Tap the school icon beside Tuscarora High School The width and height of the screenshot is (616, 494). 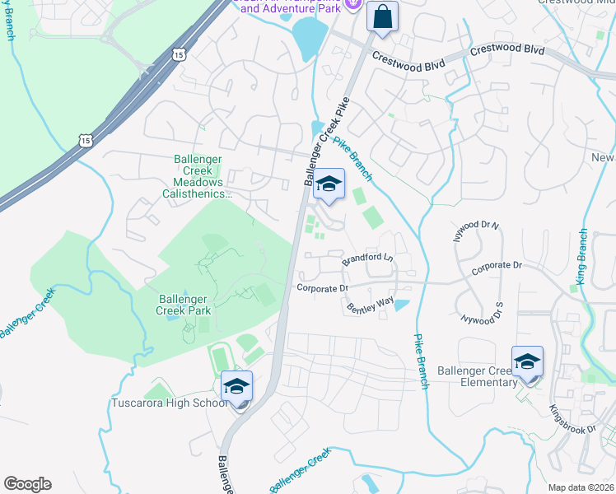click(x=237, y=387)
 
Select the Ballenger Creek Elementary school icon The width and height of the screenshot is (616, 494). click(x=527, y=362)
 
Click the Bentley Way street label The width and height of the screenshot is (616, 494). click(x=371, y=307)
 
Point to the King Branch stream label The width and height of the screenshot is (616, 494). click(x=583, y=257)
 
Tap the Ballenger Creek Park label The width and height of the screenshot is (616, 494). click(x=184, y=305)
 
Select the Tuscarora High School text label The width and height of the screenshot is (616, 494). click(x=170, y=403)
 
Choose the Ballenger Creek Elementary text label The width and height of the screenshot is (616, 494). click(x=477, y=376)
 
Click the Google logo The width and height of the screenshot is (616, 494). click(x=27, y=484)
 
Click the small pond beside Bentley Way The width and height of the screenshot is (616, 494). click(x=401, y=305)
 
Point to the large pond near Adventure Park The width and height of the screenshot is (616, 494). click(x=308, y=36)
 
